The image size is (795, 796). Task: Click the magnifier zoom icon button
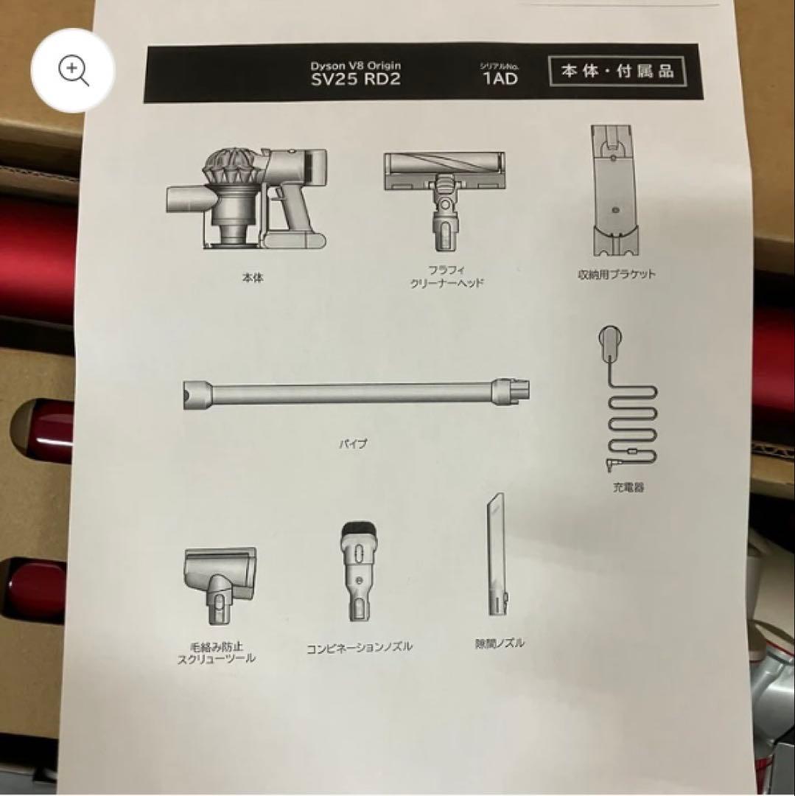(x=73, y=71)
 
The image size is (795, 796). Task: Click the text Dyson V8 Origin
(x=355, y=66)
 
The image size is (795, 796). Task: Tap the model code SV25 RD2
(x=355, y=80)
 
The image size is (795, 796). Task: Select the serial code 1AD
(x=500, y=79)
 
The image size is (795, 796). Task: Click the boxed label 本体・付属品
(x=617, y=72)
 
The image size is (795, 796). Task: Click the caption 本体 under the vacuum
(x=252, y=279)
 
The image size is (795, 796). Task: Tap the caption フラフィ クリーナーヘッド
(x=447, y=277)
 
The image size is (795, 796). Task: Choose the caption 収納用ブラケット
(x=617, y=274)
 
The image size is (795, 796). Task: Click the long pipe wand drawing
(x=357, y=392)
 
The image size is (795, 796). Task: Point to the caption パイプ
(x=352, y=444)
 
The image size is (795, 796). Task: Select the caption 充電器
(x=628, y=487)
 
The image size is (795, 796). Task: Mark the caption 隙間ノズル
(x=500, y=643)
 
